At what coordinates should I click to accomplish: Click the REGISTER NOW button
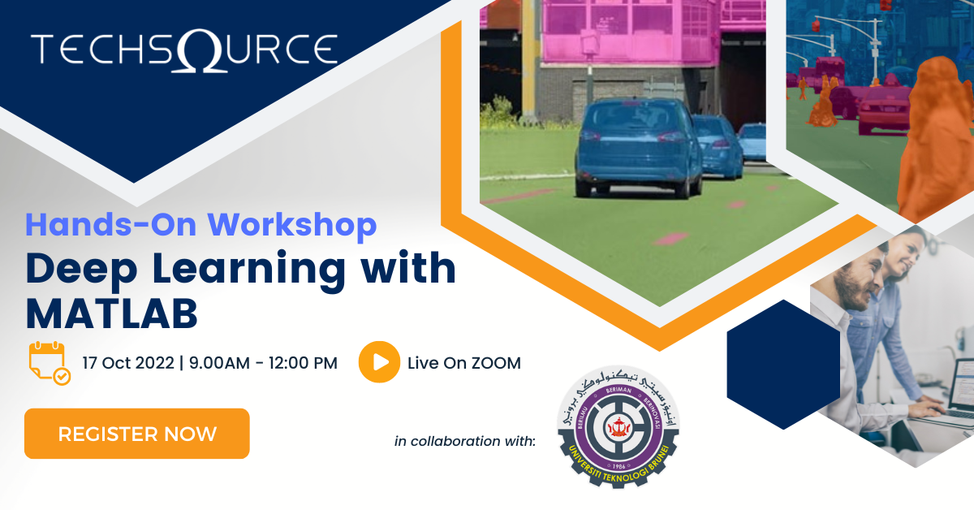point(136,434)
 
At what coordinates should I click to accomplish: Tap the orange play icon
point(379,362)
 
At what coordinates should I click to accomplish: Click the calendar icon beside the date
point(49,363)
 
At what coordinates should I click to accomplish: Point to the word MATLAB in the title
point(112,313)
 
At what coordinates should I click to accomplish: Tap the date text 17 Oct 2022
point(128,363)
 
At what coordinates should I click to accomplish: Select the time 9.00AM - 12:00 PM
point(263,363)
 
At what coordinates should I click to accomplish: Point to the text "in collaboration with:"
point(465,441)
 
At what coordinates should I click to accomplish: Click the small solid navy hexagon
point(782,365)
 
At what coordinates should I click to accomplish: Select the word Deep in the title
point(72,270)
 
